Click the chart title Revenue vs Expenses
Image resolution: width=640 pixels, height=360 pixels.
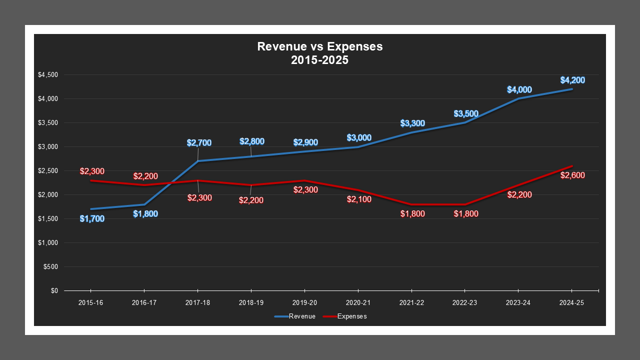[320, 46]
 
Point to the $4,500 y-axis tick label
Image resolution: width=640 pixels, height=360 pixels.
[48, 75]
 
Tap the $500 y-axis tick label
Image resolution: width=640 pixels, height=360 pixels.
[50, 267]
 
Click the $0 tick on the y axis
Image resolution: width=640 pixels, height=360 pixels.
[54, 291]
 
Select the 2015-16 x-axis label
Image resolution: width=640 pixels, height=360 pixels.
[90, 303]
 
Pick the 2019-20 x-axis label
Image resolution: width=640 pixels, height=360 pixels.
[304, 303]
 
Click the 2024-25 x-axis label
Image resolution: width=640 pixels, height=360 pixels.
[571, 303]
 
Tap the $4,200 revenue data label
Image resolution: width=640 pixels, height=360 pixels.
[572, 80]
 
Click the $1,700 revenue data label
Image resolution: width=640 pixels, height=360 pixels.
[92, 218]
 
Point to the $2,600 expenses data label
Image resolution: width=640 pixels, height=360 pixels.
[572, 175]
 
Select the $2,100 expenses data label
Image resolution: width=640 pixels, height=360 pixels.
[359, 199]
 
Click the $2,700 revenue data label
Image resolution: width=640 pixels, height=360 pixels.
[199, 142]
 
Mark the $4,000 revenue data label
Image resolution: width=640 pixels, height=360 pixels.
[519, 89]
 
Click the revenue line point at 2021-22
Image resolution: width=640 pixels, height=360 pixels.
[411, 132]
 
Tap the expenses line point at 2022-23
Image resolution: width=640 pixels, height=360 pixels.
[465, 204]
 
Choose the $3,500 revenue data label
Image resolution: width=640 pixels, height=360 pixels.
[466, 113]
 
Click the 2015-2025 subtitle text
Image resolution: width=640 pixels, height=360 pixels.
[320, 60]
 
